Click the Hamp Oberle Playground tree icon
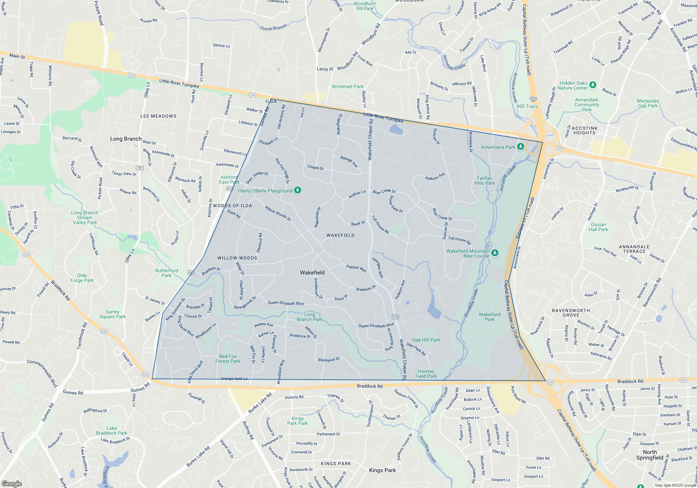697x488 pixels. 297,190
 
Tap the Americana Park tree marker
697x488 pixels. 520,146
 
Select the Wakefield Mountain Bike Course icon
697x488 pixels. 495,252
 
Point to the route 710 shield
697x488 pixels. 395,317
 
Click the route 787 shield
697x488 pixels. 140,168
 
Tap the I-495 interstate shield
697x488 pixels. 533,99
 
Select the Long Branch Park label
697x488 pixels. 309,317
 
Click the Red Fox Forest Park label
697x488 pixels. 228,359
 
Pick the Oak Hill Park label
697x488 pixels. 426,340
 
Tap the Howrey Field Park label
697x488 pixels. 426,374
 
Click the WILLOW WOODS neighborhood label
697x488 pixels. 237,258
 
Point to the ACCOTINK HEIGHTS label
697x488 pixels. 584,130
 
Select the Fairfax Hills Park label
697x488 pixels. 484,181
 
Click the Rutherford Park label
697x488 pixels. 167,273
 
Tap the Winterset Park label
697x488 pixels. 347,86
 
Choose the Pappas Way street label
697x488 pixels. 356,268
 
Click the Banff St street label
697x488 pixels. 358,223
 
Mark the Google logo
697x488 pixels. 12,483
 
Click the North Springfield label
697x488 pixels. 650,455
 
